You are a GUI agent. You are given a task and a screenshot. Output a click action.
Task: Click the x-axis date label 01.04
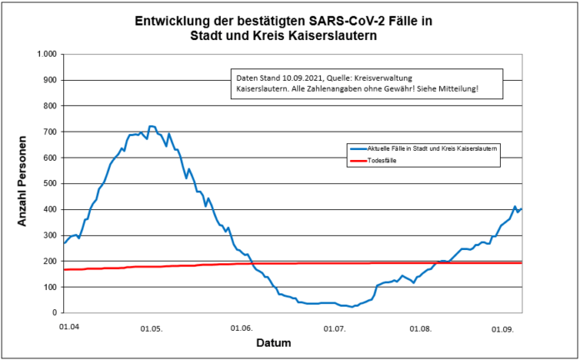pyautogui.click(x=69, y=328)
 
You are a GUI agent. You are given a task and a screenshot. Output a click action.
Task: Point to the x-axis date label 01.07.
pyautogui.click(x=334, y=328)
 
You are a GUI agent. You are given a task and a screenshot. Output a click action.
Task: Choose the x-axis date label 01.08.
pyautogui.click(x=422, y=328)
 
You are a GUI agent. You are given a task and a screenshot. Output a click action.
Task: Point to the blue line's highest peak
pyautogui.click(x=151, y=127)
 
